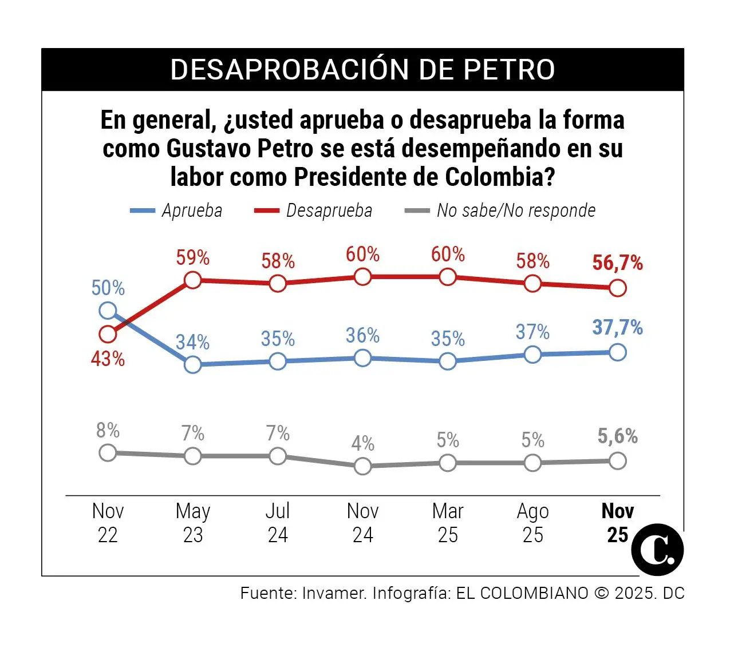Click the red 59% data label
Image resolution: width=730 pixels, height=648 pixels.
click(x=192, y=258)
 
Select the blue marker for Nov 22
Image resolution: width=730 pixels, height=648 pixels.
click(x=108, y=311)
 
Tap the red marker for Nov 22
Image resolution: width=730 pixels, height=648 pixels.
click(x=108, y=333)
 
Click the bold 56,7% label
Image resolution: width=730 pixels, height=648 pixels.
click(x=617, y=263)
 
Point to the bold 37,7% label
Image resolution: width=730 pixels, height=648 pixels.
click(x=617, y=328)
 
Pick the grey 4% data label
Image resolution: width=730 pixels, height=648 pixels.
click(x=362, y=443)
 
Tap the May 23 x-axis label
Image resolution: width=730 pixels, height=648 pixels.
click(x=193, y=523)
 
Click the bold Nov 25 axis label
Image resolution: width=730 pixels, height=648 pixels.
click(x=617, y=523)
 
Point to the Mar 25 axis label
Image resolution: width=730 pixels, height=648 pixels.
click(x=448, y=523)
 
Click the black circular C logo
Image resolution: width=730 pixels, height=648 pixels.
click(x=657, y=550)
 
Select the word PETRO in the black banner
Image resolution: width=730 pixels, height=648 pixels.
click(x=509, y=70)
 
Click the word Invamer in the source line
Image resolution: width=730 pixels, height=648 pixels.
click(x=334, y=593)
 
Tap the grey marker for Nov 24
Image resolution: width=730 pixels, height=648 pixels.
click(x=362, y=466)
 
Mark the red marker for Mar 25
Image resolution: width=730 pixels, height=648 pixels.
click(x=448, y=277)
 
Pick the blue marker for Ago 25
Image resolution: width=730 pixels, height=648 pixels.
click(x=532, y=355)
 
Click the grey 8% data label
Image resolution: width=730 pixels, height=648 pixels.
click(x=108, y=430)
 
